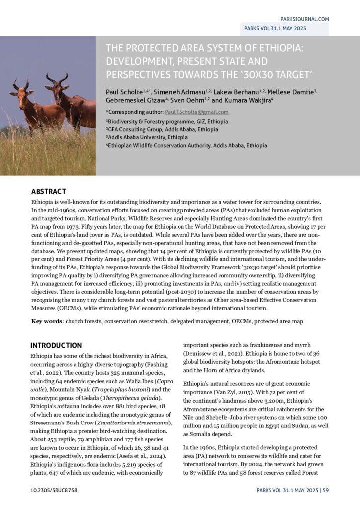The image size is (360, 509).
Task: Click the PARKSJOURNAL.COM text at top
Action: (305, 19)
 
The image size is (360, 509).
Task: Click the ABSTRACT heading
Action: (48, 191)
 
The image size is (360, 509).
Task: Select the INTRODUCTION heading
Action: (56, 345)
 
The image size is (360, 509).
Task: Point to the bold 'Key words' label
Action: (47, 321)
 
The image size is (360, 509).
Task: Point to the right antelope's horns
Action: (57, 78)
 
